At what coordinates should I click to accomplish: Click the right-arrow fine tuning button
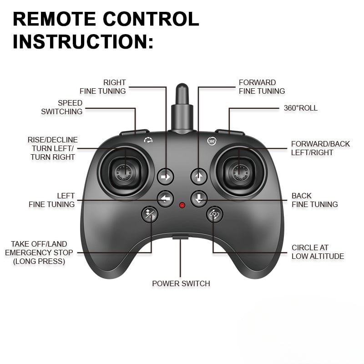[x=166, y=177]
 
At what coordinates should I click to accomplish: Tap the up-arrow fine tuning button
[x=199, y=176]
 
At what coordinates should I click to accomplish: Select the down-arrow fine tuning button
[x=199, y=198]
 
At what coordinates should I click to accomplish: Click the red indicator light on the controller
[x=182, y=205]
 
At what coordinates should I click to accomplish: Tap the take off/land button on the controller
[x=149, y=214]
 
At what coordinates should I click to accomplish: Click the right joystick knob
[x=239, y=172]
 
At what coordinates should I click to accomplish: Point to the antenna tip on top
[x=182, y=87]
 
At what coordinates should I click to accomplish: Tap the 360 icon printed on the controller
[x=212, y=141]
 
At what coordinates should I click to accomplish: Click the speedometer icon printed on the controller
[x=148, y=140]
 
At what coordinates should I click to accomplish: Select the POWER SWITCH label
[x=181, y=283]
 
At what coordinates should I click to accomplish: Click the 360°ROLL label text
[x=300, y=108]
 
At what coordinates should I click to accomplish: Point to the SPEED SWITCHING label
[x=62, y=107]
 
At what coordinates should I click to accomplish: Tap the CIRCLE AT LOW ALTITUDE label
[x=318, y=252]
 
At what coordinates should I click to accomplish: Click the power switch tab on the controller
[x=181, y=237]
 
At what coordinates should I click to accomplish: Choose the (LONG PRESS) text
[x=39, y=261]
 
